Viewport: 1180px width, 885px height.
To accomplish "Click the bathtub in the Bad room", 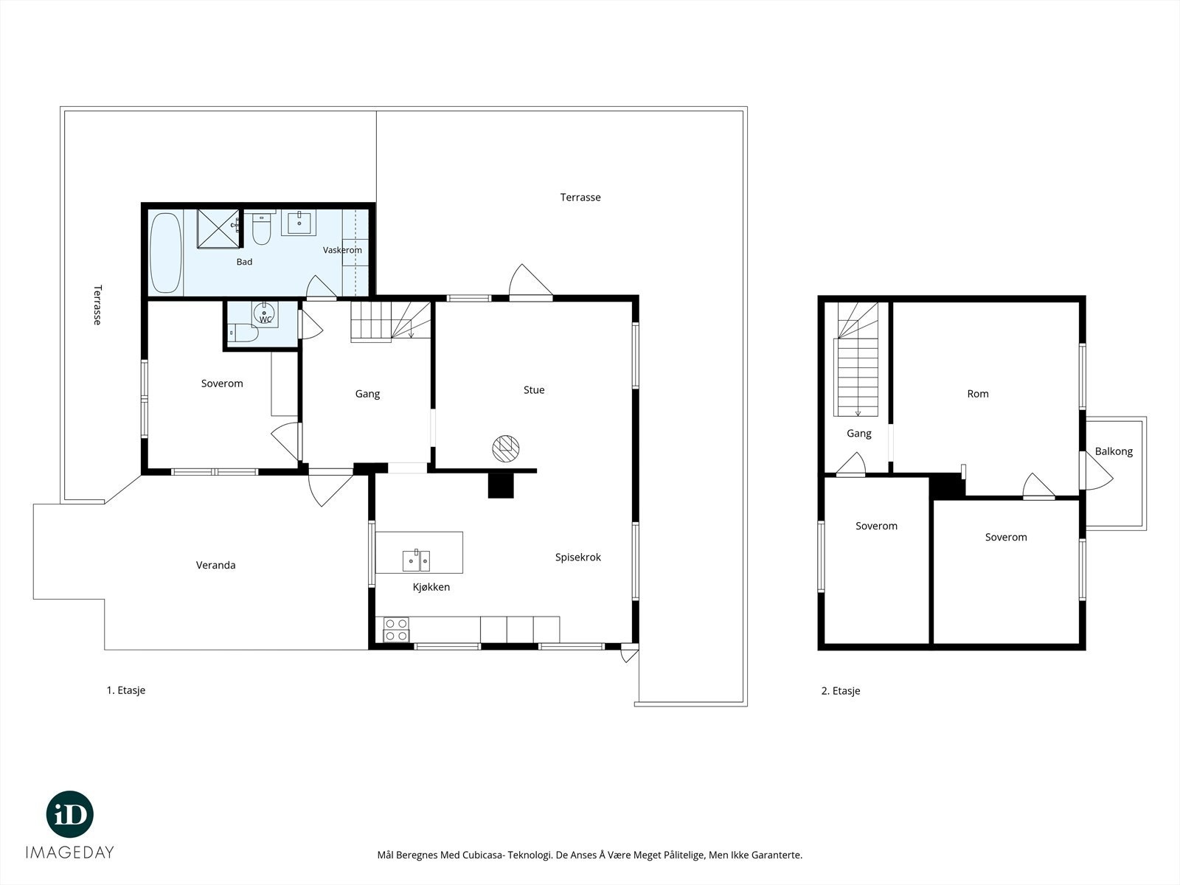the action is pos(165,253).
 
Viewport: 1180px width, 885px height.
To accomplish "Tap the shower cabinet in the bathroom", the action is pos(218,229).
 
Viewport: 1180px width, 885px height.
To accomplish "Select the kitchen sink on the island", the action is pos(416,560).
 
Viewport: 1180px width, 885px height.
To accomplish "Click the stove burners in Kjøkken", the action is pos(396,630).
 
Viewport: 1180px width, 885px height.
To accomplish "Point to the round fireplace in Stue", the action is pos(506,448).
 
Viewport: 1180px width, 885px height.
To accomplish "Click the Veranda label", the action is pos(215,565).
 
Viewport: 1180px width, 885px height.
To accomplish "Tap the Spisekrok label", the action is pos(578,558).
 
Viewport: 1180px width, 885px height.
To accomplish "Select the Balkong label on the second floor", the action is pos(1114,451).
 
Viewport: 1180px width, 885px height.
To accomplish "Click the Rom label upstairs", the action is pos(978,394).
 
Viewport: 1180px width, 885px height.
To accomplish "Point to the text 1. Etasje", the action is pos(126,690).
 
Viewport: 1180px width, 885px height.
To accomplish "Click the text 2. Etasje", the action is pos(841,691).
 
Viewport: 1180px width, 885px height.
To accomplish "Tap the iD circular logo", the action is pos(70,814).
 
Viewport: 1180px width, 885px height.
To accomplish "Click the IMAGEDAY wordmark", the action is pos(70,853).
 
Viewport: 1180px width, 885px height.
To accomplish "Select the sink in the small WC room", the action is pos(265,313).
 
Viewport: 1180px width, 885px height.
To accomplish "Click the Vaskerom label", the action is pos(342,250).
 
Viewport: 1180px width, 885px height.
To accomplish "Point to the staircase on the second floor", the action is pos(856,359).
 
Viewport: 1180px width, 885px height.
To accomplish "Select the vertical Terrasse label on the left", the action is pos(97,305).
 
